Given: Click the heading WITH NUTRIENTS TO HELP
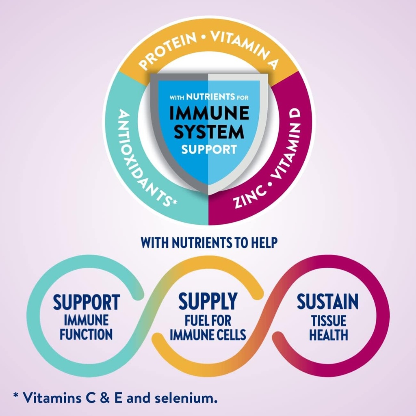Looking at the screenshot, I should coord(209,243).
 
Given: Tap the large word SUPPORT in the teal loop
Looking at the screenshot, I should coord(86,303).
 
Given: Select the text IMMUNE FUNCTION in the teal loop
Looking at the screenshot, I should coord(86,327).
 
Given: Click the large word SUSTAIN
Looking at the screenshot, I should coord(327,302).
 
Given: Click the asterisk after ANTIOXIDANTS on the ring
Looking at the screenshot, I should coord(174,202).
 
